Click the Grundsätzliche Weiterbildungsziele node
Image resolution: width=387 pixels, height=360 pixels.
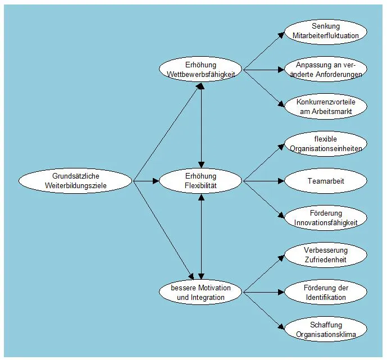click(76, 181)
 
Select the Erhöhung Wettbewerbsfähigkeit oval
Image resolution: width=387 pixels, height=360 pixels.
click(201, 69)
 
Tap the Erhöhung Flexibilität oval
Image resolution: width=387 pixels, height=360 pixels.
click(201, 181)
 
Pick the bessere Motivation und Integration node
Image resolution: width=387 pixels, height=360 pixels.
click(201, 293)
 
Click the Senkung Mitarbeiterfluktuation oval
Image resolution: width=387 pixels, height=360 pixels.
click(326, 31)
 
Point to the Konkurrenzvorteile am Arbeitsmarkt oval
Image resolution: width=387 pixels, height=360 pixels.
click(326, 107)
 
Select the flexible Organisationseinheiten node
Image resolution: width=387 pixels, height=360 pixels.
click(326, 143)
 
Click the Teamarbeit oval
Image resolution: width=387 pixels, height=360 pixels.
click(326, 181)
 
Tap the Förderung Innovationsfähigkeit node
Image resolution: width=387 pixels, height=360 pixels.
click(326, 218)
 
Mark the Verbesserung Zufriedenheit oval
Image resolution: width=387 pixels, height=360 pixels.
click(326, 255)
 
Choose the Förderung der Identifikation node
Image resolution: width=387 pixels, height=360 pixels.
click(326, 293)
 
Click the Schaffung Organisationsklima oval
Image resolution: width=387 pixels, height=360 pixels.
click(326, 330)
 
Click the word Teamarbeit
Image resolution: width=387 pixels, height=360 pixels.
click(326, 181)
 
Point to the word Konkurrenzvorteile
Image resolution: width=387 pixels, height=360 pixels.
click(326, 102)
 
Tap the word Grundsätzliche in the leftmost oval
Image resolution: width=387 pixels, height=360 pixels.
click(76, 176)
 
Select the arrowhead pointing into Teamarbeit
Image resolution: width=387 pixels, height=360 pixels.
click(282, 181)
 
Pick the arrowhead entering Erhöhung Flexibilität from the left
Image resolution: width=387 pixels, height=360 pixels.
click(156, 181)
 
